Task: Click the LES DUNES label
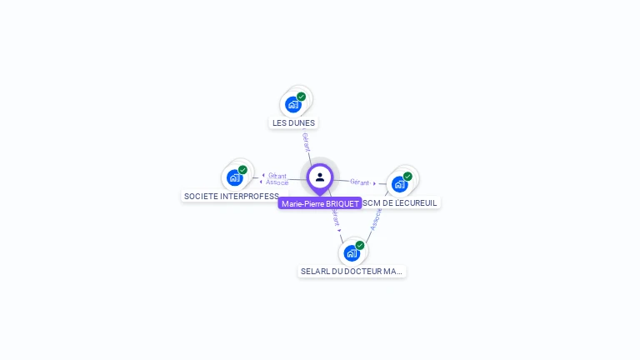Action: click(293, 122)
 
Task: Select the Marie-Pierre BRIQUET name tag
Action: click(320, 203)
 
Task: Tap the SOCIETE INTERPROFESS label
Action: click(232, 196)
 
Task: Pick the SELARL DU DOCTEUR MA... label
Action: click(352, 271)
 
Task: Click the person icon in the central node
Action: click(320, 177)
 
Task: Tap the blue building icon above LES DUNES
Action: click(292, 104)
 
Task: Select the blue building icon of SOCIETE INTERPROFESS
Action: click(235, 177)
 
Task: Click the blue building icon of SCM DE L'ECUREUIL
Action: click(399, 184)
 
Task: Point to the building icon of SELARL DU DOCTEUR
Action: click(351, 252)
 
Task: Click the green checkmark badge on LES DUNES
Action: click(302, 97)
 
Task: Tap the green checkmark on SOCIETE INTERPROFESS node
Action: click(242, 170)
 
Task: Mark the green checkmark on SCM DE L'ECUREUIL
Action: click(407, 177)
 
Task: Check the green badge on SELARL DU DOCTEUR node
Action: click(360, 245)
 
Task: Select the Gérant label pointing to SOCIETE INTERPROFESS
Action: click(277, 176)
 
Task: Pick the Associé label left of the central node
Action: click(277, 182)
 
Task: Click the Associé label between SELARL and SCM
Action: click(375, 219)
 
